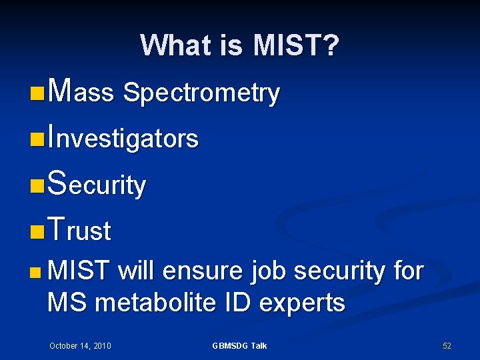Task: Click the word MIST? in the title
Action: pos(296,46)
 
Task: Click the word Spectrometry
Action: pos(201,93)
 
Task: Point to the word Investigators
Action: pos(123,139)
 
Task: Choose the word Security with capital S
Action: pos(97,185)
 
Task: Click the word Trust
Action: pos(79,231)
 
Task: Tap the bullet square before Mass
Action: pos(38,93)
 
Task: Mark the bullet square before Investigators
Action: pos(38,139)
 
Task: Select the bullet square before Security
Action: pos(38,185)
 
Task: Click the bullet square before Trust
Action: pos(38,231)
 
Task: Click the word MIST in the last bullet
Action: pos(79,271)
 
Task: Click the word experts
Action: pos(302,304)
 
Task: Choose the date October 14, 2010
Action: pos(80,345)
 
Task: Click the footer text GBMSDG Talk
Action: pos(239,345)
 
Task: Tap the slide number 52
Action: pos(447,345)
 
